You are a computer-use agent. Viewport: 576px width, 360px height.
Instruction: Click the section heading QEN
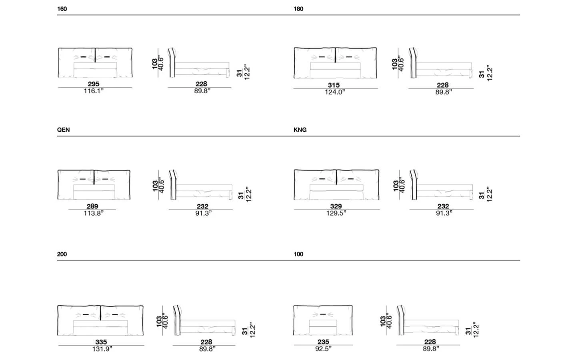pos(63,130)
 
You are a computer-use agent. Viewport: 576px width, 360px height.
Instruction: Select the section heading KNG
pos(300,130)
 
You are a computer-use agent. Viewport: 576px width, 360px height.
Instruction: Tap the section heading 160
pos(62,9)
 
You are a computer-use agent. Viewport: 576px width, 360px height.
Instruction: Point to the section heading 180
pos(298,9)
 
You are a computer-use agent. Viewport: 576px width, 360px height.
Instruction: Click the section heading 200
pos(62,254)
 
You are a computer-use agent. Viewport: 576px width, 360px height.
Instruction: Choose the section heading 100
pos(298,254)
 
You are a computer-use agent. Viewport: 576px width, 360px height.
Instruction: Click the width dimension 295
pos(94,84)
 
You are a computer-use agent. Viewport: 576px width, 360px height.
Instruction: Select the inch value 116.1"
pos(94,91)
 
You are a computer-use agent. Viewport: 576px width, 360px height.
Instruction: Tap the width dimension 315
pos(334,85)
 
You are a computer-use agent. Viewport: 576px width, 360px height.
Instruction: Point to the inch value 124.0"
pos(335,92)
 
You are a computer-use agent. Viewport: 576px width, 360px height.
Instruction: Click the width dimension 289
pos(92,206)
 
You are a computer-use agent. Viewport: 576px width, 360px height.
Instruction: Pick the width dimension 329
pos(336,206)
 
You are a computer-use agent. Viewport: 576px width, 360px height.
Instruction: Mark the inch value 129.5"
pos(336,213)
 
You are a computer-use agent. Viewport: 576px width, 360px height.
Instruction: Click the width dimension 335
pos(101,342)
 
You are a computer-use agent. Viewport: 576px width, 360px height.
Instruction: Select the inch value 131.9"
pos(102,349)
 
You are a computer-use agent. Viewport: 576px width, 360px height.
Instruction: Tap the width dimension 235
pos(323,342)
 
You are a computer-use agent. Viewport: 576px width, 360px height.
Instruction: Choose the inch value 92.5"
pos(324,349)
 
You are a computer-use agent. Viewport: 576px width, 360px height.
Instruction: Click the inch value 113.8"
pos(93,213)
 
